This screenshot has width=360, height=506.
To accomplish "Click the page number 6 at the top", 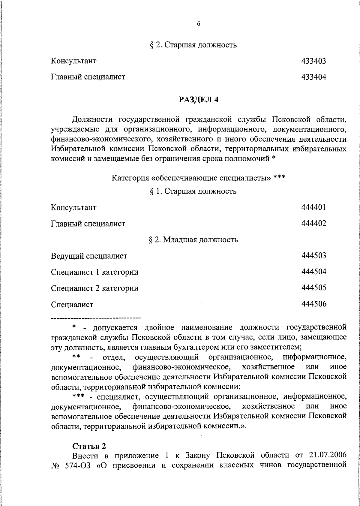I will tap(199, 24).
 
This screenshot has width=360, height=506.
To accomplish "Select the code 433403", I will tap(313, 61).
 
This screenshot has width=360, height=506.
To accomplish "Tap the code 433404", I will tap(313, 77).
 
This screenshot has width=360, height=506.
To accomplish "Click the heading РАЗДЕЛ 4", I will tap(199, 100).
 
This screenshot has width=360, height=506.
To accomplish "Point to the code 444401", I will tap(313, 207).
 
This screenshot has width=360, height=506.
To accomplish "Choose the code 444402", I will tap(313, 223).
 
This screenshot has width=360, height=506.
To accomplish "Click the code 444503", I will tap(313, 256).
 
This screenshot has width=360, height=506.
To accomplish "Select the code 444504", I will tap(313, 272).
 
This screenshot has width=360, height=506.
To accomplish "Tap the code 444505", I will tap(313, 288).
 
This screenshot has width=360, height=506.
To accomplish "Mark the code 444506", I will tap(313, 304).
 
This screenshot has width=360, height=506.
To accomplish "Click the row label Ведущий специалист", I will tap(89, 256).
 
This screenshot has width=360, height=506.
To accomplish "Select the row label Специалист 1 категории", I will tap(95, 272).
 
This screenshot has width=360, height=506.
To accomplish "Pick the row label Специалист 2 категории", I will tap(95, 288).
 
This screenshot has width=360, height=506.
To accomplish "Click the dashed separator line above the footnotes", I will tap(96, 318).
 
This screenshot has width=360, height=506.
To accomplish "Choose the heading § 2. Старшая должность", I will tap(193, 45).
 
